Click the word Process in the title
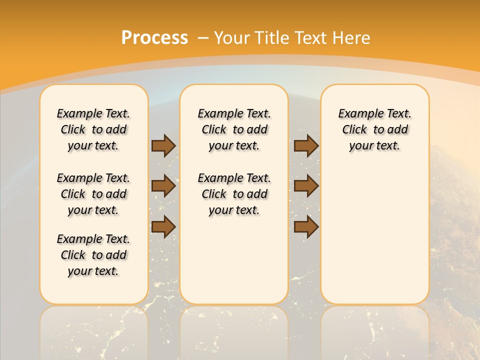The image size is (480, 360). (154, 38)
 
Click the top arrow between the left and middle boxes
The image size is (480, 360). (163, 146)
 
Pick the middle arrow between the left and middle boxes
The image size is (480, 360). (163, 186)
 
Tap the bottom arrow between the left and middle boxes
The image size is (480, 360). (163, 226)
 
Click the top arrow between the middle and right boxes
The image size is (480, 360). (306, 146)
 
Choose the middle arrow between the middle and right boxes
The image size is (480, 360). (306, 186)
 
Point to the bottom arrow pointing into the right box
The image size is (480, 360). (306, 226)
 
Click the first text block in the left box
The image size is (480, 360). (93, 129)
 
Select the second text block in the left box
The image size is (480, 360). (93, 194)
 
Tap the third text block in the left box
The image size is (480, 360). (93, 255)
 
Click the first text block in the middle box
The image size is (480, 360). (234, 129)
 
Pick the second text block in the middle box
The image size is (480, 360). (234, 194)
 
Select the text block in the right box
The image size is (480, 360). (375, 129)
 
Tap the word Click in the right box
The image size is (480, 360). (354, 130)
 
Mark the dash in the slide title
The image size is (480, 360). (203, 38)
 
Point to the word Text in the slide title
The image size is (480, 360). (310, 38)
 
